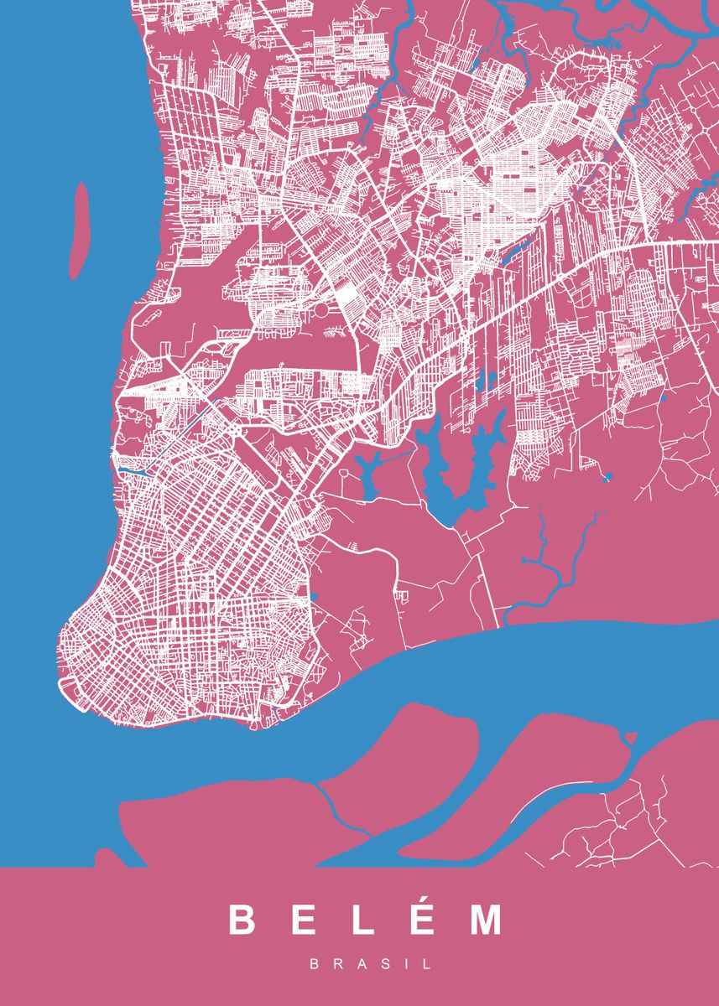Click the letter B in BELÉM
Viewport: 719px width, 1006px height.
[242, 920]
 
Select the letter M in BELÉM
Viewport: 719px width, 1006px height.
[486, 920]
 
